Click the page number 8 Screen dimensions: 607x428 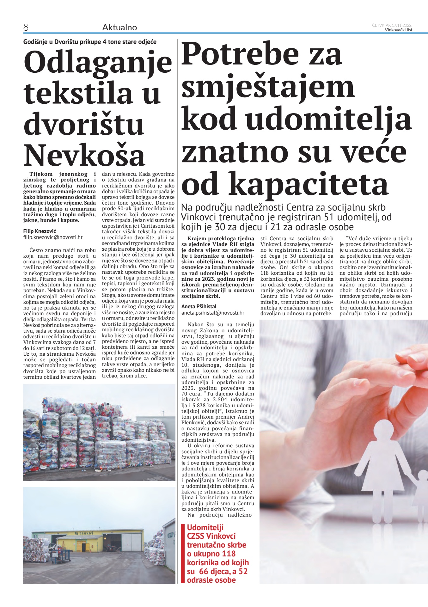tap(26, 28)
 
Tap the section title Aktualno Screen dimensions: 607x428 tap(119, 28)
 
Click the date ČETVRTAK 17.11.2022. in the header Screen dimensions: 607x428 tap(392, 25)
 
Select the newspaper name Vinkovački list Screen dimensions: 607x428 tap(398, 30)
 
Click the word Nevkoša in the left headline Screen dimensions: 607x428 tap(84, 155)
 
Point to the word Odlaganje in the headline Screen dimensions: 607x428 tap(98, 62)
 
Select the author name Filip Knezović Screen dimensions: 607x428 tap(40, 231)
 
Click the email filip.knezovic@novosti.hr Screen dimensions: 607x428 tap(53, 237)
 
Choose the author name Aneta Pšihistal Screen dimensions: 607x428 tap(199, 306)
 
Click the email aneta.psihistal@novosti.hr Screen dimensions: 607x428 tap(213, 313)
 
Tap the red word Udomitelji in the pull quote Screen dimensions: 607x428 tap(205, 527)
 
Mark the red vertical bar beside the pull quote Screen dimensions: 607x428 tap(182, 553)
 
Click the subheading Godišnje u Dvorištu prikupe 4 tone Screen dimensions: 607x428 tap(90, 42)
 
